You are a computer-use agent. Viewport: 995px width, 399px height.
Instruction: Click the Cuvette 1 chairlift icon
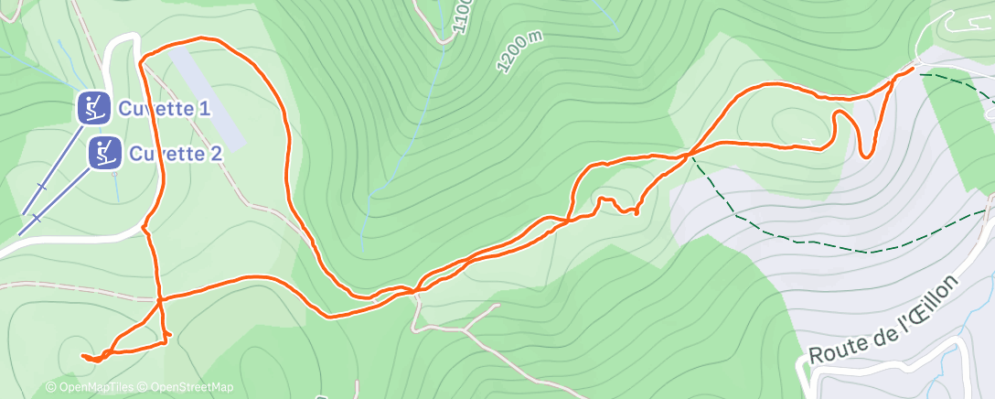point(94,108)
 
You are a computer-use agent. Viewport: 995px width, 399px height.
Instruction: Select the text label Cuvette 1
point(164,109)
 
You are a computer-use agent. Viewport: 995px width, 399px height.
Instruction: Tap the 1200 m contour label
point(519,50)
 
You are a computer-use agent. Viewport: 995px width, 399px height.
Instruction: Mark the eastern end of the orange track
point(913,69)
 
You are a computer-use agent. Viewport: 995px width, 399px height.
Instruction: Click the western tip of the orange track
point(82,355)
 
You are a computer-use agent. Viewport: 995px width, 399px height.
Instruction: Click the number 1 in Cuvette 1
point(205,109)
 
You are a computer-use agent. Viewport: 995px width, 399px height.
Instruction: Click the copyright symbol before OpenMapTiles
point(50,388)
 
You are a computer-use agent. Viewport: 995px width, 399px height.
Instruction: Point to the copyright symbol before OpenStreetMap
point(144,388)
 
